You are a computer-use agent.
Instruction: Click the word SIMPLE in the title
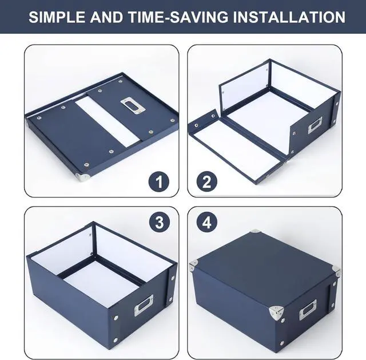click(57, 17)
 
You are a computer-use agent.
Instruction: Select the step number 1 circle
click(160, 183)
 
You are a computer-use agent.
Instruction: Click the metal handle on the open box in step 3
click(145, 309)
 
